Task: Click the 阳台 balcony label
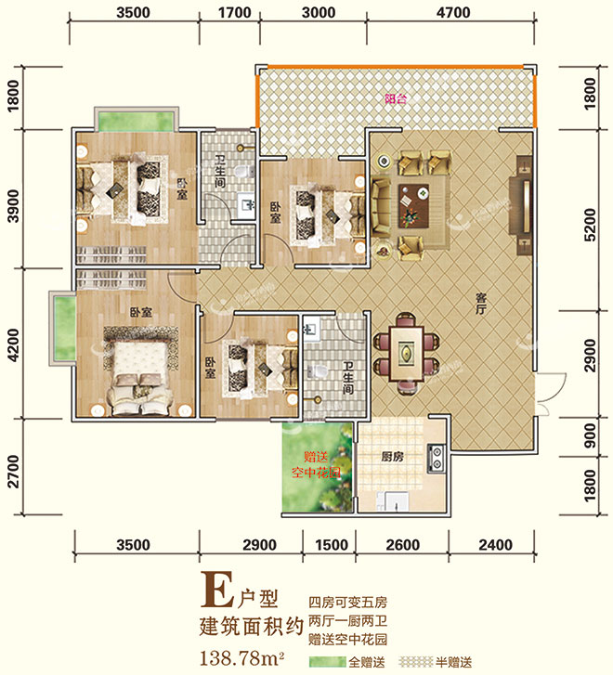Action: pos(396,98)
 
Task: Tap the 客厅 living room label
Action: pos(481,303)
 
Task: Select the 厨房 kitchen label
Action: pos(392,456)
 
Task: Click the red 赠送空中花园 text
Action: pos(316,464)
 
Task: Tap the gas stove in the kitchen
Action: pos(436,458)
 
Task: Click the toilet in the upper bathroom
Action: pos(244,172)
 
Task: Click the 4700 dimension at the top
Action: pos(453,12)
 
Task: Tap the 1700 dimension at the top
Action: pos(234,12)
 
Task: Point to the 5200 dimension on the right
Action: pos(590,225)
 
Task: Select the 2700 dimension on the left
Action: pos(14,472)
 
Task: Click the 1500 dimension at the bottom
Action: pos(332,545)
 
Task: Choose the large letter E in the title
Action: pos(218,590)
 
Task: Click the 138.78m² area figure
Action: pos(241,658)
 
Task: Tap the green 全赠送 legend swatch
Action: pos(327,662)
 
